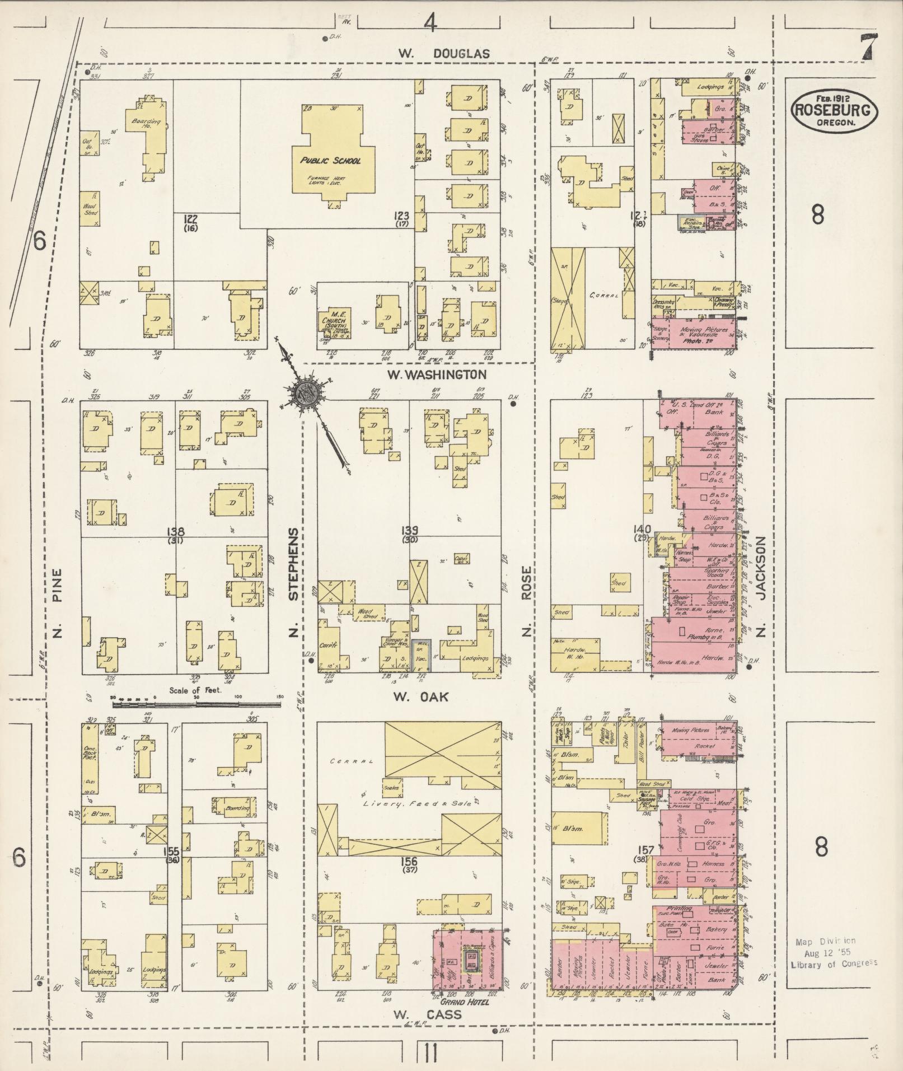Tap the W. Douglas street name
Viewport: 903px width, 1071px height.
444,54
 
